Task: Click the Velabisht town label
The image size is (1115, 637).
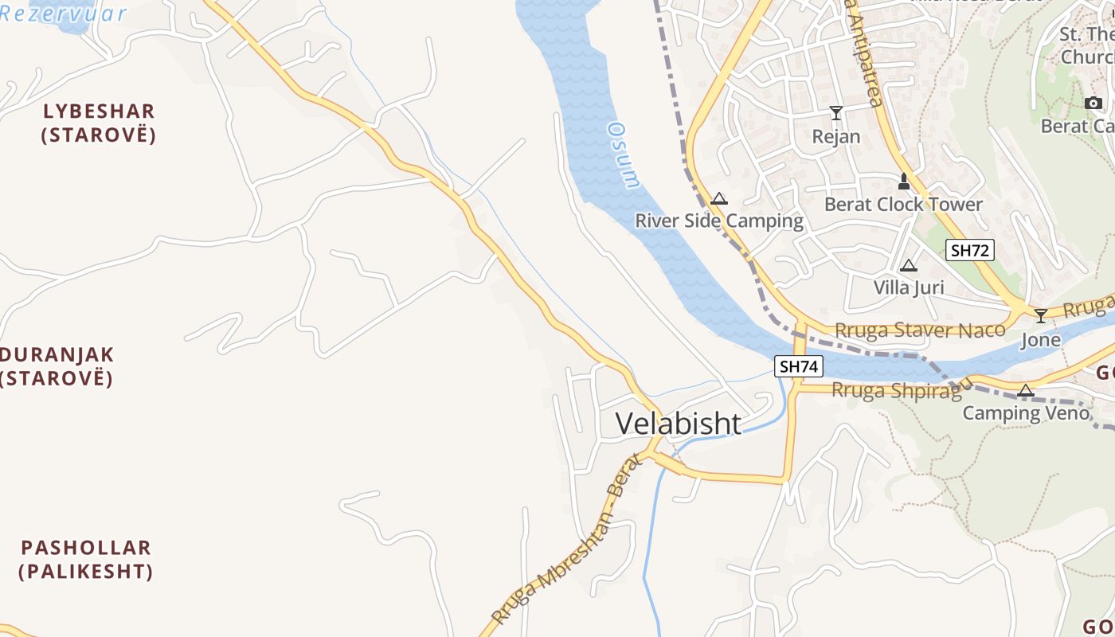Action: pyautogui.click(x=679, y=424)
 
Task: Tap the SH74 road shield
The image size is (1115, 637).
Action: pyautogui.click(x=799, y=366)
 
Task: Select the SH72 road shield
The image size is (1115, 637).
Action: pyautogui.click(x=970, y=250)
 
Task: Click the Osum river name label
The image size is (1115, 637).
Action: pyautogui.click(x=624, y=154)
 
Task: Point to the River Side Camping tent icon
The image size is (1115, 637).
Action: pyautogui.click(x=719, y=199)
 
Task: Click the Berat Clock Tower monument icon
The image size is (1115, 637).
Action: pyautogui.click(x=903, y=182)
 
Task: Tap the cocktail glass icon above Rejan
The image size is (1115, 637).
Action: pyautogui.click(x=835, y=113)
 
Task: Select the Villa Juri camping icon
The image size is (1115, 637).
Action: pyautogui.click(x=908, y=266)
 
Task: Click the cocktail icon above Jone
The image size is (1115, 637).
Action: pyautogui.click(x=1040, y=316)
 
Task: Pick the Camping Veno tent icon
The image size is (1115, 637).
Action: pyautogui.click(x=1025, y=391)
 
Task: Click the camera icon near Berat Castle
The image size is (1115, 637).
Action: pyautogui.click(x=1093, y=104)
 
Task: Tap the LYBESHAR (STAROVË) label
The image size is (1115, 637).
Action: pyautogui.click(x=99, y=123)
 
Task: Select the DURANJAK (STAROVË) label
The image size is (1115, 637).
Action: pyautogui.click(x=56, y=366)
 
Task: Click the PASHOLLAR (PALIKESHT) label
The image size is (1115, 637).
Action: pyautogui.click(x=86, y=559)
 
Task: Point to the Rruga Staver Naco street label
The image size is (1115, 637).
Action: pyautogui.click(x=920, y=330)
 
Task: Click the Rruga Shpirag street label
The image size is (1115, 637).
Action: pyautogui.click(x=896, y=391)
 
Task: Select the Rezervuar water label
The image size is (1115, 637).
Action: pyautogui.click(x=64, y=14)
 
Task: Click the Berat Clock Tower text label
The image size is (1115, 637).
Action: pyautogui.click(x=903, y=205)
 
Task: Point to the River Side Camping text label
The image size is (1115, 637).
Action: pyautogui.click(x=718, y=221)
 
